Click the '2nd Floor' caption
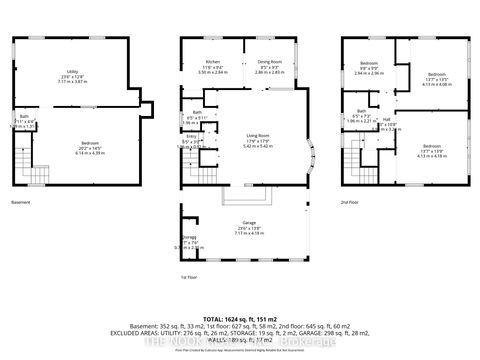pos(351,200)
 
